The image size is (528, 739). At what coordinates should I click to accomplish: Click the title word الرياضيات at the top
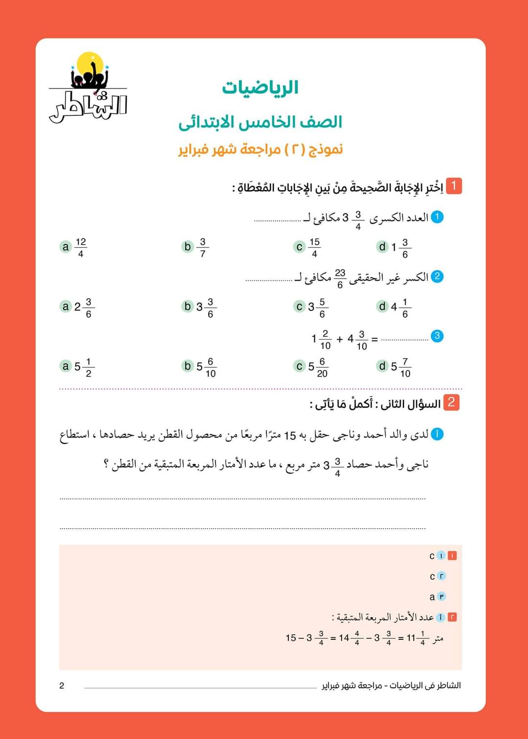point(260,88)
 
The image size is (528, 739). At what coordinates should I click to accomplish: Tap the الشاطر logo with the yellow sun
point(88,88)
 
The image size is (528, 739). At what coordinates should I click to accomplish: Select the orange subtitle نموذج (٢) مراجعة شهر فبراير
point(260,149)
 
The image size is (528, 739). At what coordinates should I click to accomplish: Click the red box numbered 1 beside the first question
point(454,186)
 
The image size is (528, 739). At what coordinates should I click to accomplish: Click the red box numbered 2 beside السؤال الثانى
point(451,402)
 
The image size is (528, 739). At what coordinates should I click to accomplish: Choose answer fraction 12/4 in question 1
point(81,247)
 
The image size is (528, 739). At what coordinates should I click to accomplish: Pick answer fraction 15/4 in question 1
point(314,247)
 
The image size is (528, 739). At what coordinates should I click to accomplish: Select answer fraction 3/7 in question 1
point(202,247)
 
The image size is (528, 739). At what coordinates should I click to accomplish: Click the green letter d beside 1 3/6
point(382,247)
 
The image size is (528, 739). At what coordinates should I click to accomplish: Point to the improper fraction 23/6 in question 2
point(340,278)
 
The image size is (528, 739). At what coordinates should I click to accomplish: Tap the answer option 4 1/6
point(400,307)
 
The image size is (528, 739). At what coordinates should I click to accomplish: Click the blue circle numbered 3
point(437,336)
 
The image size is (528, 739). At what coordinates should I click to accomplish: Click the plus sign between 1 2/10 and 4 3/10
point(340,339)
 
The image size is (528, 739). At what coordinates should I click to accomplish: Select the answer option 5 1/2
point(83,367)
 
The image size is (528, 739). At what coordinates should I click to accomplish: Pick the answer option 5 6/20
point(317,367)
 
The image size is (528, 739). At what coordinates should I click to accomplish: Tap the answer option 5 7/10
point(400,367)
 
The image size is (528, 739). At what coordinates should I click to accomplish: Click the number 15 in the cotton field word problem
point(290,435)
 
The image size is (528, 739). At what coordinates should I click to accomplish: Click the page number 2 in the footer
point(62,686)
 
